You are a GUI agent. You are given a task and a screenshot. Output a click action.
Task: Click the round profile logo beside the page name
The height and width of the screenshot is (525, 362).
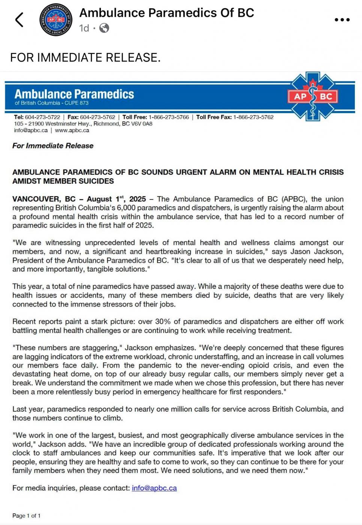[x=56, y=20]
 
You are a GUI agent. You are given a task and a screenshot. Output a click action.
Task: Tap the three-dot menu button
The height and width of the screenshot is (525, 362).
[x=342, y=20]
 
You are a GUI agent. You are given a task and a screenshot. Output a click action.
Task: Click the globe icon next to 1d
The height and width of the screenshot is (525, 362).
[x=104, y=28]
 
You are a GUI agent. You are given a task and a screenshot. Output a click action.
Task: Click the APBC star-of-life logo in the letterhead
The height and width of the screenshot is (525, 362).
[x=313, y=96]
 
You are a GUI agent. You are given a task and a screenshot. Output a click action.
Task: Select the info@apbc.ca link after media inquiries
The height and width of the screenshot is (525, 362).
[x=154, y=488]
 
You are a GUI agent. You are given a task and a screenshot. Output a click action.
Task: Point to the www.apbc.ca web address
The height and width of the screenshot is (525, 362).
[x=72, y=130]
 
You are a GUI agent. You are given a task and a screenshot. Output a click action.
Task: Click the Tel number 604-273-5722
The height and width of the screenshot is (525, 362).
[x=42, y=117]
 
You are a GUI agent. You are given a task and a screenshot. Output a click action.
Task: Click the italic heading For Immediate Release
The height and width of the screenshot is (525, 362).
[x=53, y=146]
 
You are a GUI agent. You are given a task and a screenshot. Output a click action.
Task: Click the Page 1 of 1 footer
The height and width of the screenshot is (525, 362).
[x=26, y=516]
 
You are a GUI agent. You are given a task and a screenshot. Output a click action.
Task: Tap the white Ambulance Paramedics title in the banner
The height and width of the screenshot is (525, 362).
[x=74, y=94]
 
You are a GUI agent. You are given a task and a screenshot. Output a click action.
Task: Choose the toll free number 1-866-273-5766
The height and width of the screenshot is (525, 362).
[x=169, y=117]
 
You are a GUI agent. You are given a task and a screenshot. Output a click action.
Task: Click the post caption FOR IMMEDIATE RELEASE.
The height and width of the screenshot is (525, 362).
[x=85, y=57]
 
